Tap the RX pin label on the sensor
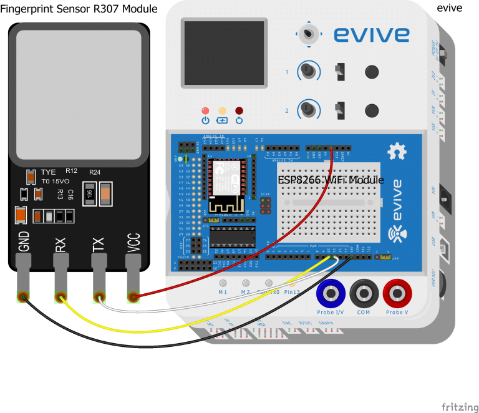[x=60, y=243]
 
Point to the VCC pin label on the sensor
[x=133, y=243]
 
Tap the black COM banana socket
[x=363, y=292]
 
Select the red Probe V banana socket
[x=397, y=292]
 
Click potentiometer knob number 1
[x=307, y=71]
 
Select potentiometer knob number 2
[x=307, y=110]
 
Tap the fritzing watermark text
[x=460, y=407]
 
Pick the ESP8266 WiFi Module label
[x=331, y=180]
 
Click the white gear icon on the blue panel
[x=394, y=151]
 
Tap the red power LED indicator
[x=205, y=111]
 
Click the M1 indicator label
[x=222, y=292]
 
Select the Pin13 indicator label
[x=291, y=292]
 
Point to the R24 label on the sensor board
[x=95, y=172]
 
